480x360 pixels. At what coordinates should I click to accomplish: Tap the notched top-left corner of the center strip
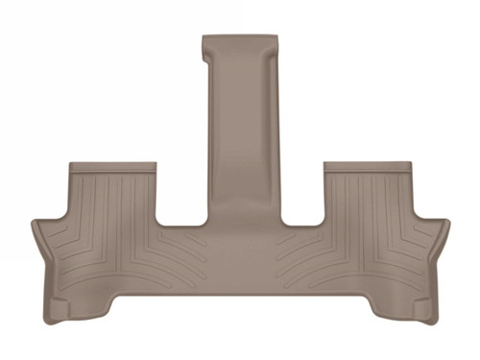coord(204,39)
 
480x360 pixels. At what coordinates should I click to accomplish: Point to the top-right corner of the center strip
coord(276,39)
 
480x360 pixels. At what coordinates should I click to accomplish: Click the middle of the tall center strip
coord(240,134)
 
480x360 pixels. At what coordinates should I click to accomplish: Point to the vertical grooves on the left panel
coord(110,202)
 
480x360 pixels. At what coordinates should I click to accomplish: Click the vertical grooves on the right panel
coord(370,202)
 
